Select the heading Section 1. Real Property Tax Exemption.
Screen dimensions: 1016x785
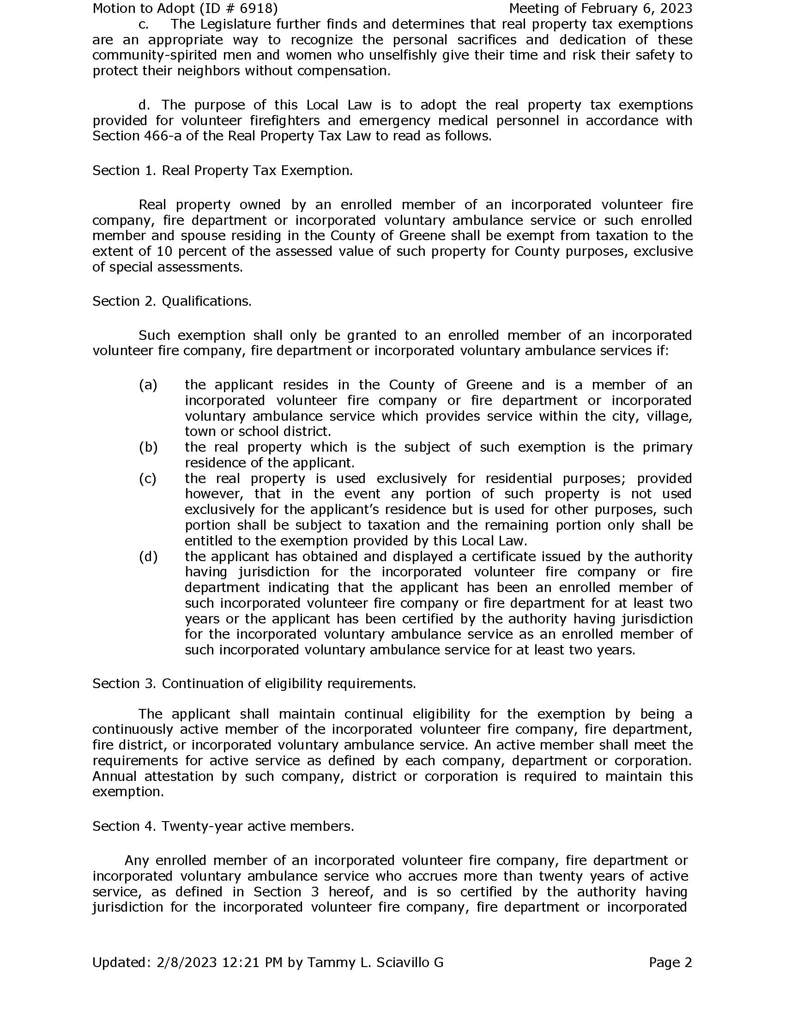pyautogui.click(x=222, y=170)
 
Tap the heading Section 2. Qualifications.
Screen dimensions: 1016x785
pyautogui.click(x=172, y=301)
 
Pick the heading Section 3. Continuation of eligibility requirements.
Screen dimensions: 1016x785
pyautogui.click(x=254, y=683)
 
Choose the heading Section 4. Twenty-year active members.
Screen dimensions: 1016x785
pyautogui.click(x=223, y=826)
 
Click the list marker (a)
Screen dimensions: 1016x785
pyautogui.click(x=148, y=385)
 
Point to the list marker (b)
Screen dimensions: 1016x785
pyautogui.click(x=148, y=447)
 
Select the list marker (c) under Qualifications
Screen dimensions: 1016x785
pyautogui.click(x=148, y=478)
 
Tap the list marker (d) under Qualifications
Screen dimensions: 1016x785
pyautogui.click(x=148, y=556)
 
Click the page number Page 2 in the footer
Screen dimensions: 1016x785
pyautogui.click(x=670, y=962)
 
